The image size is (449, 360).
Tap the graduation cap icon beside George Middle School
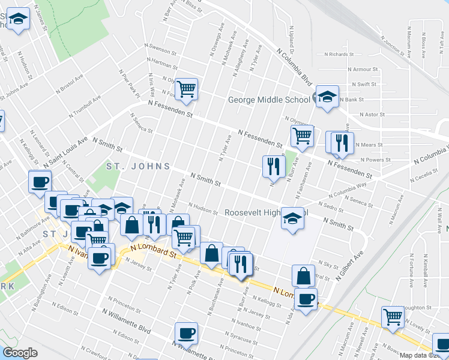coord(327,97)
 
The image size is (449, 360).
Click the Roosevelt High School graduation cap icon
coord(292,218)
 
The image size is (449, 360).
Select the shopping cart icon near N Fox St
coord(187,89)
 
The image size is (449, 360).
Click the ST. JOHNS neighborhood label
coord(137,166)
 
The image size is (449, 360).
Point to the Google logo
coord(20,353)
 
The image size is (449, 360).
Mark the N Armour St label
coord(365,70)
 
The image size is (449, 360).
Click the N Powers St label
coord(378,160)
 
